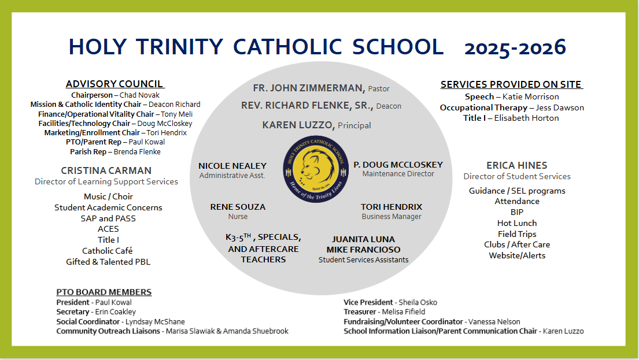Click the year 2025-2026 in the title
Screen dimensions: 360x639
pos(515,47)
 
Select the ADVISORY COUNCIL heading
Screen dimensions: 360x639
pos(114,84)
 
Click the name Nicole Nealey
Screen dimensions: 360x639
pos(232,166)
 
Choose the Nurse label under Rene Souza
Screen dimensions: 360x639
pos(238,217)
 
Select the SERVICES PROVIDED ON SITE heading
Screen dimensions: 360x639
pos(511,84)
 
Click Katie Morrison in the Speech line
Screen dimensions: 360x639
pos(530,97)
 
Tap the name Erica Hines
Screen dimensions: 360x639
pos(516,166)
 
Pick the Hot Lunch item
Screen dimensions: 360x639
pos(516,223)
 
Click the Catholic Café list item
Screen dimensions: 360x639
pos(107,251)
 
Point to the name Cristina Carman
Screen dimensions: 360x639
pos(106,170)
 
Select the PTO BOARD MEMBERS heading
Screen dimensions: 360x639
pos(104,292)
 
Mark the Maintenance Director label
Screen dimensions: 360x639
pos(398,174)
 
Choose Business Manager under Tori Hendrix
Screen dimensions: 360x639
pos(391,217)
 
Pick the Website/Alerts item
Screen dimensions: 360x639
pos(516,255)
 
